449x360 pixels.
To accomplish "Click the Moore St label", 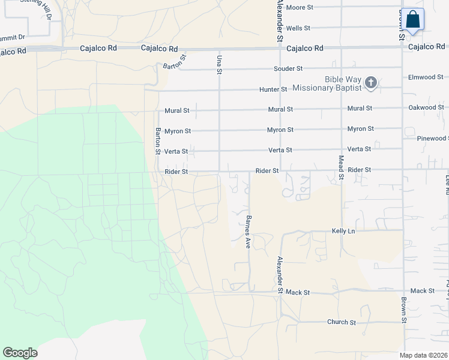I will (x=300, y=7).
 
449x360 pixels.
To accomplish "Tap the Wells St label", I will (x=298, y=28).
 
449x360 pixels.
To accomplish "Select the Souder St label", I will (x=288, y=70).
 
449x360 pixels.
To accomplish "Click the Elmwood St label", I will (x=425, y=77).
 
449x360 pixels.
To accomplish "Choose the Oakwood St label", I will (x=426, y=108).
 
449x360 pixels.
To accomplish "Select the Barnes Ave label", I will (x=247, y=232).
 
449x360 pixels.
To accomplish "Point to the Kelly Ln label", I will (x=343, y=231).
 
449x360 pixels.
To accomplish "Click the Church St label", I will (x=342, y=322).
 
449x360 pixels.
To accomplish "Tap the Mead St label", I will (x=341, y=167).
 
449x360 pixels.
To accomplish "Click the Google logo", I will (x=20, y=353).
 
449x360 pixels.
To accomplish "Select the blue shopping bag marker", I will (x=413, y=19).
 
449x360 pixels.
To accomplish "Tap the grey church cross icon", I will (x=371, y=83).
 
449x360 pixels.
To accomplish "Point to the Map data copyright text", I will (x=423, y=355).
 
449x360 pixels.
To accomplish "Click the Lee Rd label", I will (x=447, y=184).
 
